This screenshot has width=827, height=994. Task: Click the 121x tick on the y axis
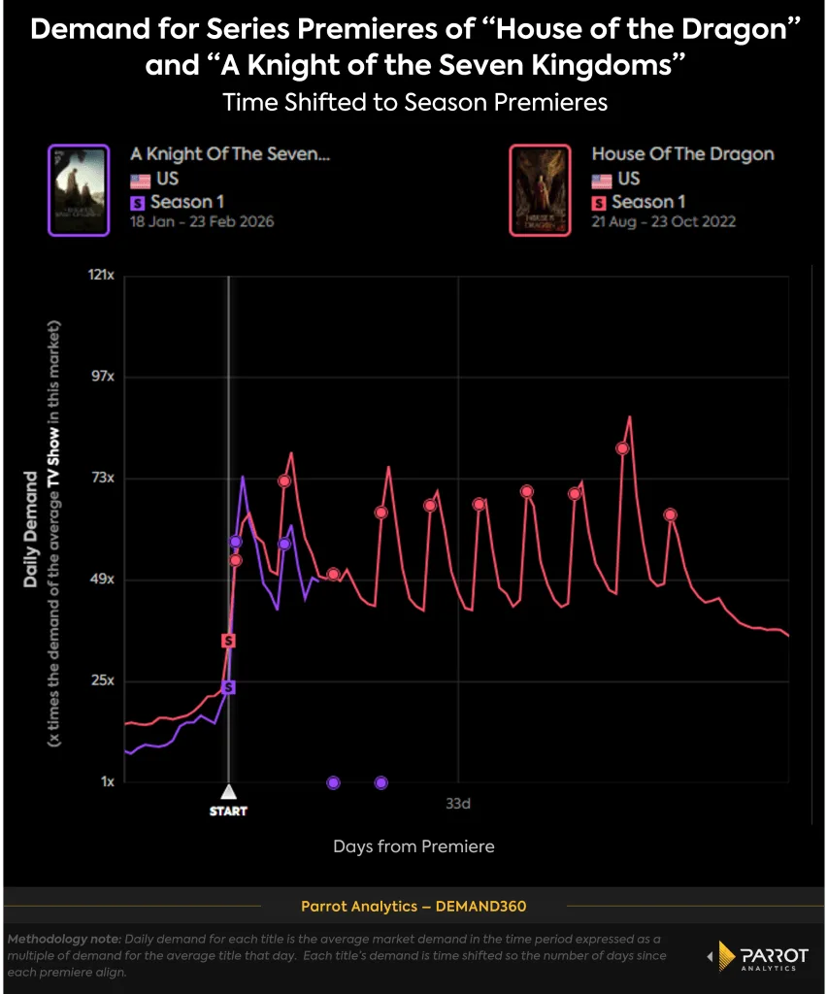click(x=101, y=276)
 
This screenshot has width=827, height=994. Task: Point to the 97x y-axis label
click(x=103, y=377)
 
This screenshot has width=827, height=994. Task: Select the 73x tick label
click(x=103, y=479)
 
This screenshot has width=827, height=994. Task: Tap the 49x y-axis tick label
click(x=103, y=580)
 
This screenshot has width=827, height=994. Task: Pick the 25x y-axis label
click(x=103, y=680)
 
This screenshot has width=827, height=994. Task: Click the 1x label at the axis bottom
click(x=107, y=782)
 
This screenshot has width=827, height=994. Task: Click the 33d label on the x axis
click(x=458, y=804)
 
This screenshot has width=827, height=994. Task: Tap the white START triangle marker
click(x=228, y=791)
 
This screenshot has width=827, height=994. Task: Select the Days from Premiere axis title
click(x=413, y=846)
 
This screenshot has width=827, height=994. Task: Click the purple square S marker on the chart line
click(x=228, y=687)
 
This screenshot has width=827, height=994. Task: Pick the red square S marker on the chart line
click(x=228, y=641)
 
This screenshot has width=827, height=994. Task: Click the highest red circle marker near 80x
click(x=622, y=448)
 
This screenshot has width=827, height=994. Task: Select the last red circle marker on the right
click(x=670, y=514)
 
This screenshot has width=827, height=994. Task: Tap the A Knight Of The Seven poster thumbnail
click(x=78, y=189)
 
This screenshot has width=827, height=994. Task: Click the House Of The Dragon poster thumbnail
click(x=540, y=189)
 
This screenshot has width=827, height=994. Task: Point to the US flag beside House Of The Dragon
click(x=602, y=179)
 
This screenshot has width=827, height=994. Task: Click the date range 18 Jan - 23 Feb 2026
click(x=202, y=221)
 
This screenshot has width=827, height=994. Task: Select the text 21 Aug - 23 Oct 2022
click(x=664, y=221)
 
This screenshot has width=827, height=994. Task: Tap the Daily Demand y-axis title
click(x=31, y=529)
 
